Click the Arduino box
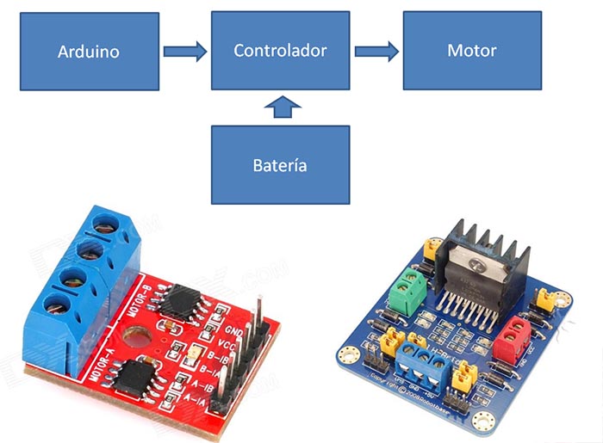[89, 52]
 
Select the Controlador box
[280, 52]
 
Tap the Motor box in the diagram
[471, 52]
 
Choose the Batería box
[280, 164]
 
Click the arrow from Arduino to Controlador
[185, 52]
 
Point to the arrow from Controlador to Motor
[376, 52]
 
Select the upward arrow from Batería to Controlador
[280, 108]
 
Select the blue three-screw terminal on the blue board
[424, 366]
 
